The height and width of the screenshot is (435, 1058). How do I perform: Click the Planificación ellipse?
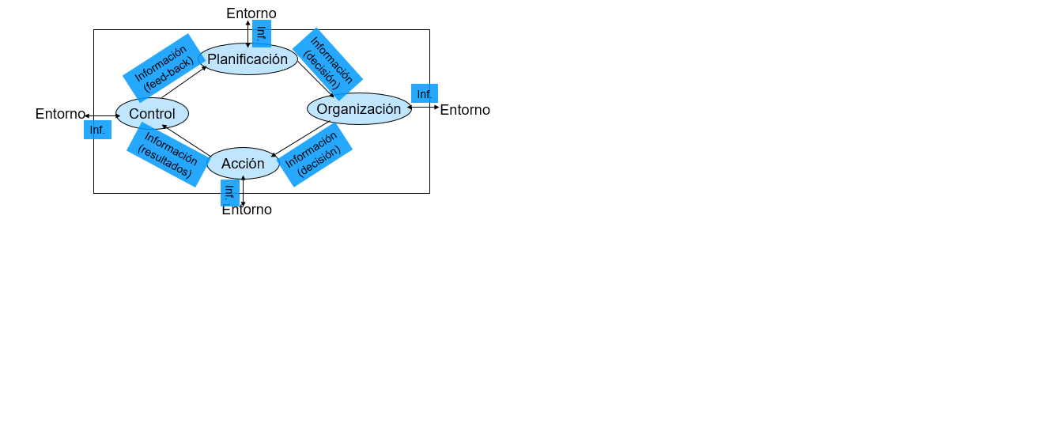[x=248, y=59]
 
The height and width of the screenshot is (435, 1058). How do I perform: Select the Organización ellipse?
[x=359, y=108]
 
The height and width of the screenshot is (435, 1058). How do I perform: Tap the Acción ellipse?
[x=243, y=164]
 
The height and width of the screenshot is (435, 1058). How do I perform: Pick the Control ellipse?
[x=152, y=113]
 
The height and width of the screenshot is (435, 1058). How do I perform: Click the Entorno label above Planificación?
[x=251, y=13]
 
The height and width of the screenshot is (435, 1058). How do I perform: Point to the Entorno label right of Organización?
[x=465, y=110]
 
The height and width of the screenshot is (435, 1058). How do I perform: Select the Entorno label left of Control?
[x=60, y=114]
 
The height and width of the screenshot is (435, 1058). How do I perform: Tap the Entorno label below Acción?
[x=247, y=210]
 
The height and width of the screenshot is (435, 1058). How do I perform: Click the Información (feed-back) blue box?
[x=164, y=68]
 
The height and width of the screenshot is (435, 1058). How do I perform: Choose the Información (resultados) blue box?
[x=168, y=155]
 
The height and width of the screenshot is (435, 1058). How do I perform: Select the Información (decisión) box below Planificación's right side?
[x=328, y=64]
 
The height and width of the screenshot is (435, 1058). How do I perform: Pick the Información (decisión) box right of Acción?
[x=315, y=155]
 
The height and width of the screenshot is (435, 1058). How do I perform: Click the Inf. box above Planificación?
[x=262, y=33]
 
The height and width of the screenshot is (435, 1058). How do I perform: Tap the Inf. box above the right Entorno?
[x=425, y=93]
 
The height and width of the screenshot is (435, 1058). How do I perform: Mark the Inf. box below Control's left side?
[x=98, y=130]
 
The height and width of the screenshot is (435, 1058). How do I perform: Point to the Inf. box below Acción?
[x=230, y=193]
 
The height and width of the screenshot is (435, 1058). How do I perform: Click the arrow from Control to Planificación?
[x=183, y=82]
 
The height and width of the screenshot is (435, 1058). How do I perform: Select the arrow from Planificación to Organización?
[x=316, y=79]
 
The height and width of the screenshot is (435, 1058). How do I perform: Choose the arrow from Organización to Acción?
[x=300, y=139]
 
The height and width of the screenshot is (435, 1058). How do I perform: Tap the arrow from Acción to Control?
[x=186, y=140]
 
